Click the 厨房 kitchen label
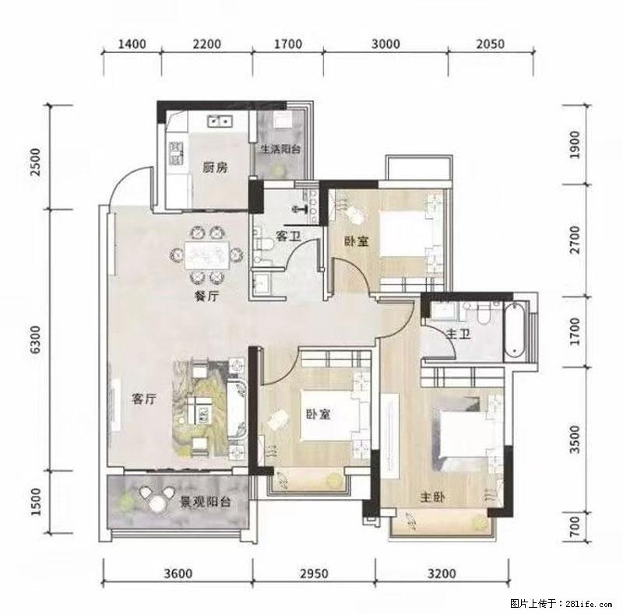click(215, 167)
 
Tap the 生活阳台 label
click(280, 149)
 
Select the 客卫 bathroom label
click(288, 237)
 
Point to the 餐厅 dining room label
click(207, 296)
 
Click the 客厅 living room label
click(144, 398)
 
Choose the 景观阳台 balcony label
click(206, 502)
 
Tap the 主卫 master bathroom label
click(459, 334)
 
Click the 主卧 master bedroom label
click(433, 496)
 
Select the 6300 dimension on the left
click(35, 339)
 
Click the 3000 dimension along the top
click(385, 44)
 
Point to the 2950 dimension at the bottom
click(314, 574)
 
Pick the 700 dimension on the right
click(575, 527)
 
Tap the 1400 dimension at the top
click(132, 44)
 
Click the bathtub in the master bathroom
click(515, 332)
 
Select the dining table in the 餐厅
click(206, 254)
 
